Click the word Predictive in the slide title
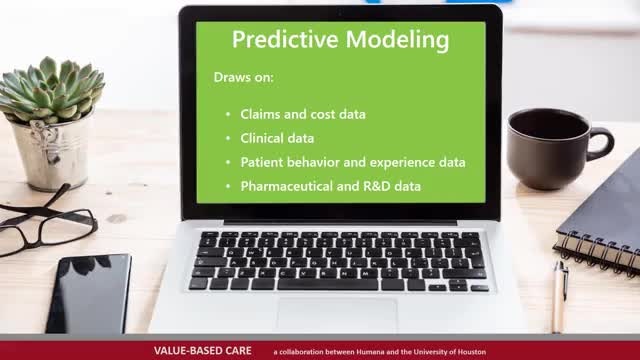(285, 40)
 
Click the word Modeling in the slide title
(398, 41)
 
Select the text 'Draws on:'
(244, 77)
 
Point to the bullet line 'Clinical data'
(277, 138)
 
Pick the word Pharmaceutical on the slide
(287, 186)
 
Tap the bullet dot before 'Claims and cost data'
(228, 114)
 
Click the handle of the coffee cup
(605, 143)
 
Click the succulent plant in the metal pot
(51, 90)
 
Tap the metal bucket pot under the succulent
(51, 154)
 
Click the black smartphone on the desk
(89, 294)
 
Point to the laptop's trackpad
(337, 315)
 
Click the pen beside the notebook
(559, 297)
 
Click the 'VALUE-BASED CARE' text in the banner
(202, 351)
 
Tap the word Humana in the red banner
(370, 351)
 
